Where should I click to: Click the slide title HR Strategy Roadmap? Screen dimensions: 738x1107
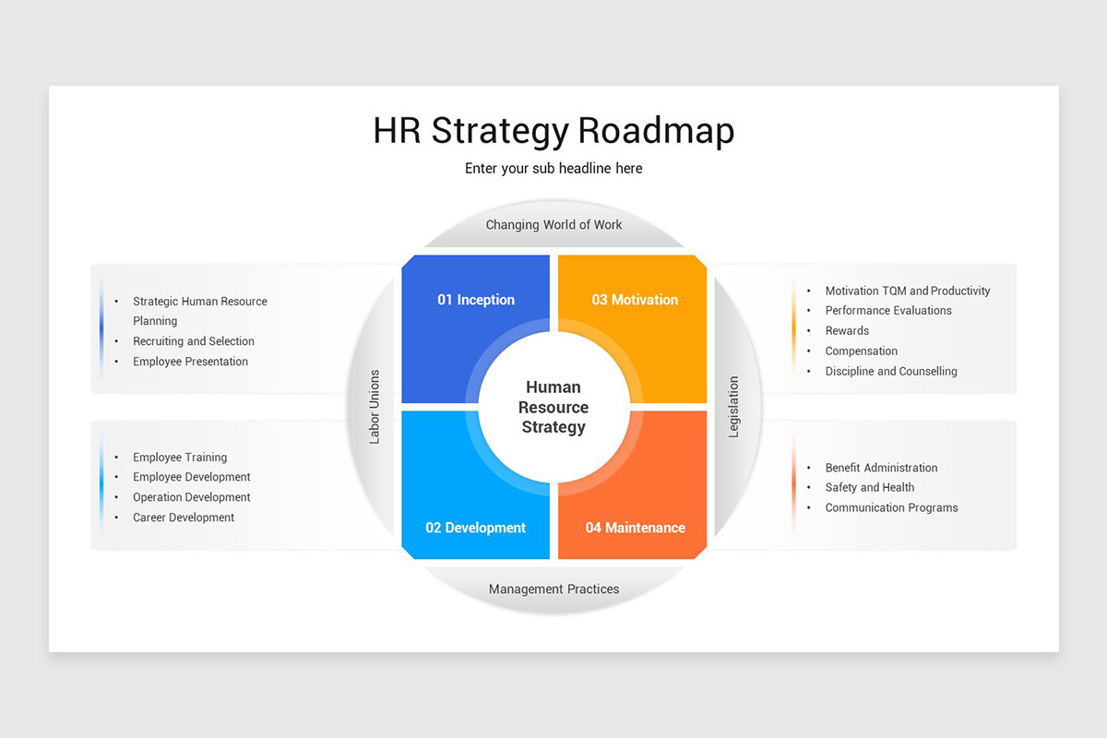tap(553, 131)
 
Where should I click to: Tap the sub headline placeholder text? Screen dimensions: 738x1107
tap(553, 169)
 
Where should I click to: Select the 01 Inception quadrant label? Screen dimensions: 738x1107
tap(476, 300)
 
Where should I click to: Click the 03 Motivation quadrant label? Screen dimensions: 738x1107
tap(635, 300)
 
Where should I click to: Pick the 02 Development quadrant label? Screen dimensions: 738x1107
tap(475, 528)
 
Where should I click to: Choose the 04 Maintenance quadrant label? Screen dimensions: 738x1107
tap(635, 528)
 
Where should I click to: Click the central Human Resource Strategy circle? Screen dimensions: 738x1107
tap(553, 407)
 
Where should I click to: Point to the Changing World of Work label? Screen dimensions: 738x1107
tap(553, 225)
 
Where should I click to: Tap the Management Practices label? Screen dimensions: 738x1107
tap(553, 589)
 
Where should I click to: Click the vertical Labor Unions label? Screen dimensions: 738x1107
tap(375, 407)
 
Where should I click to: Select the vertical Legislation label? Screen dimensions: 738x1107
tap(734, 407)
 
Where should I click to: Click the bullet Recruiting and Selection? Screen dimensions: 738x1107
tap(194, 341)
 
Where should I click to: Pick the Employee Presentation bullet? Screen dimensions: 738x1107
tap(190, 362)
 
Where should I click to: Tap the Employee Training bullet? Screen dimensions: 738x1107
tap(180, 458)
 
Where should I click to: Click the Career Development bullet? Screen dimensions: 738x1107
tap(184, 518)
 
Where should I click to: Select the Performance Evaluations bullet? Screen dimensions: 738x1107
tap(888, 311)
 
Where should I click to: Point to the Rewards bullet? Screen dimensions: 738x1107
tap(847, 331)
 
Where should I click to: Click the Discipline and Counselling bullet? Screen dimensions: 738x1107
tap(891, 372)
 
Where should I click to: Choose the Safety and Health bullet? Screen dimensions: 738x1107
tap(870, 488)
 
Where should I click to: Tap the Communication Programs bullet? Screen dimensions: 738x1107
tap(891, 508)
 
